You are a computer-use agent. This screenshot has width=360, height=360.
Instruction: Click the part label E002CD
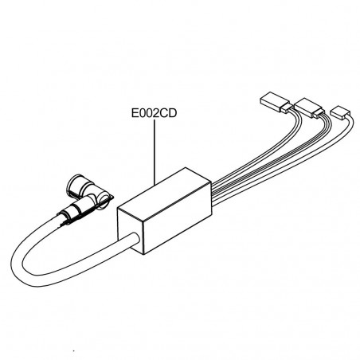coord(154,113)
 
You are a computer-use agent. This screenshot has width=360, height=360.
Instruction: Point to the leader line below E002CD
coord(155,152)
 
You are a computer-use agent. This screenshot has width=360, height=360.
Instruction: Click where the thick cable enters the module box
coord(135,240)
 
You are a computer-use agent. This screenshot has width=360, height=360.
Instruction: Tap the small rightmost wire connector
coord(340,112)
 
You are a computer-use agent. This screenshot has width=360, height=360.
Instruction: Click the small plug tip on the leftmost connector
coord(287,108)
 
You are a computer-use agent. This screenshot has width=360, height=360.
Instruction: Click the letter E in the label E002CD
coord(135,113)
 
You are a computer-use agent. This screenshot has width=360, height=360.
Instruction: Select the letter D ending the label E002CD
coord(173,113)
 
